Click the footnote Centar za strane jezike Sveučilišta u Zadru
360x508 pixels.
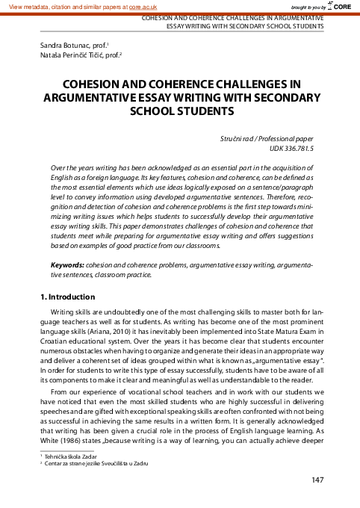pos(99,463)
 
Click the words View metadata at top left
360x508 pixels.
pos(25,5)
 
